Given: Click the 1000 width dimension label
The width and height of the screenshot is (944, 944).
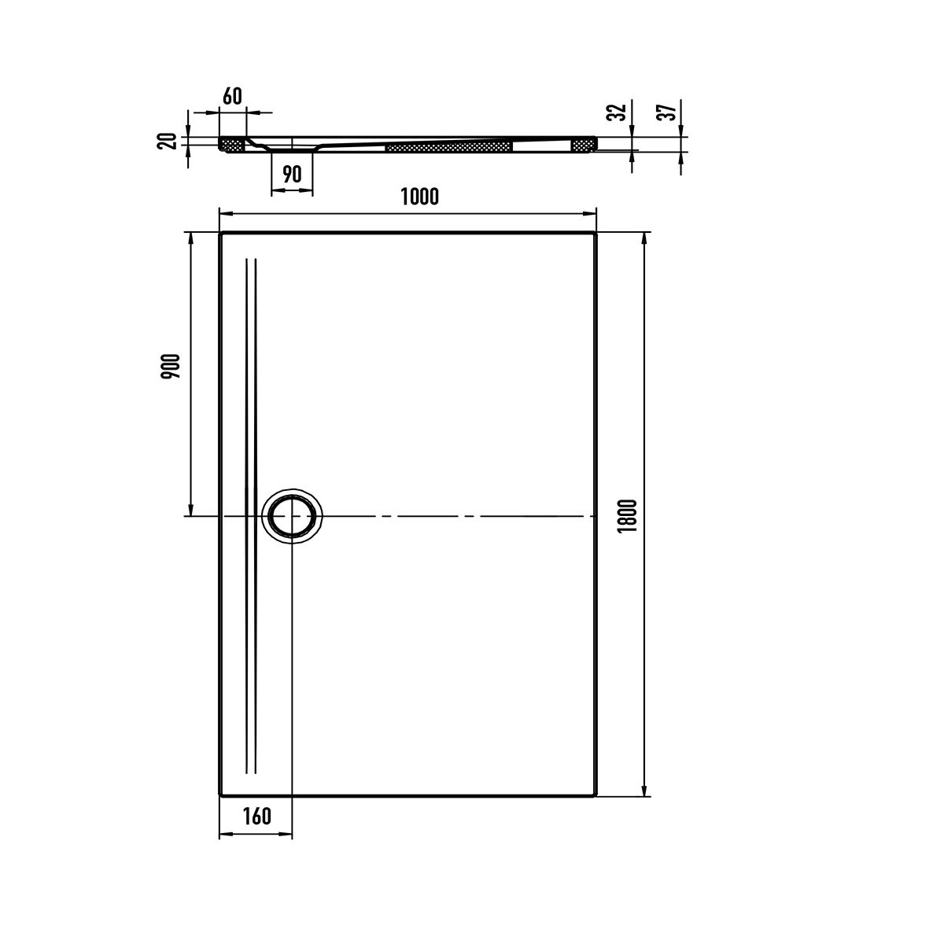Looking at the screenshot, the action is pyautogui.click(x=419, y=197).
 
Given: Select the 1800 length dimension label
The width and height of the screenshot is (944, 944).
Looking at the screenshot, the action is pyautogui.click(x=628, y=516).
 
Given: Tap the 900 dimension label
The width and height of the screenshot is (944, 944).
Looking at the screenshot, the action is pyautogui.click(x=171, y=366).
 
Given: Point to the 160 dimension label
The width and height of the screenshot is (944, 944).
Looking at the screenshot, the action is pyautogui.click(x=256, y=816).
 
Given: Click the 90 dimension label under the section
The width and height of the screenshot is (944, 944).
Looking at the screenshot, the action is pyautogui.click(x=293, y=174).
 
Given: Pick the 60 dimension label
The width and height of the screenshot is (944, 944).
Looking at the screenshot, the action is pyautogui.click(x=232, y=96).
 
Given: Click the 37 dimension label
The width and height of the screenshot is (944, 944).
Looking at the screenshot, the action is pyautogui.click(x=669, y=112).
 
